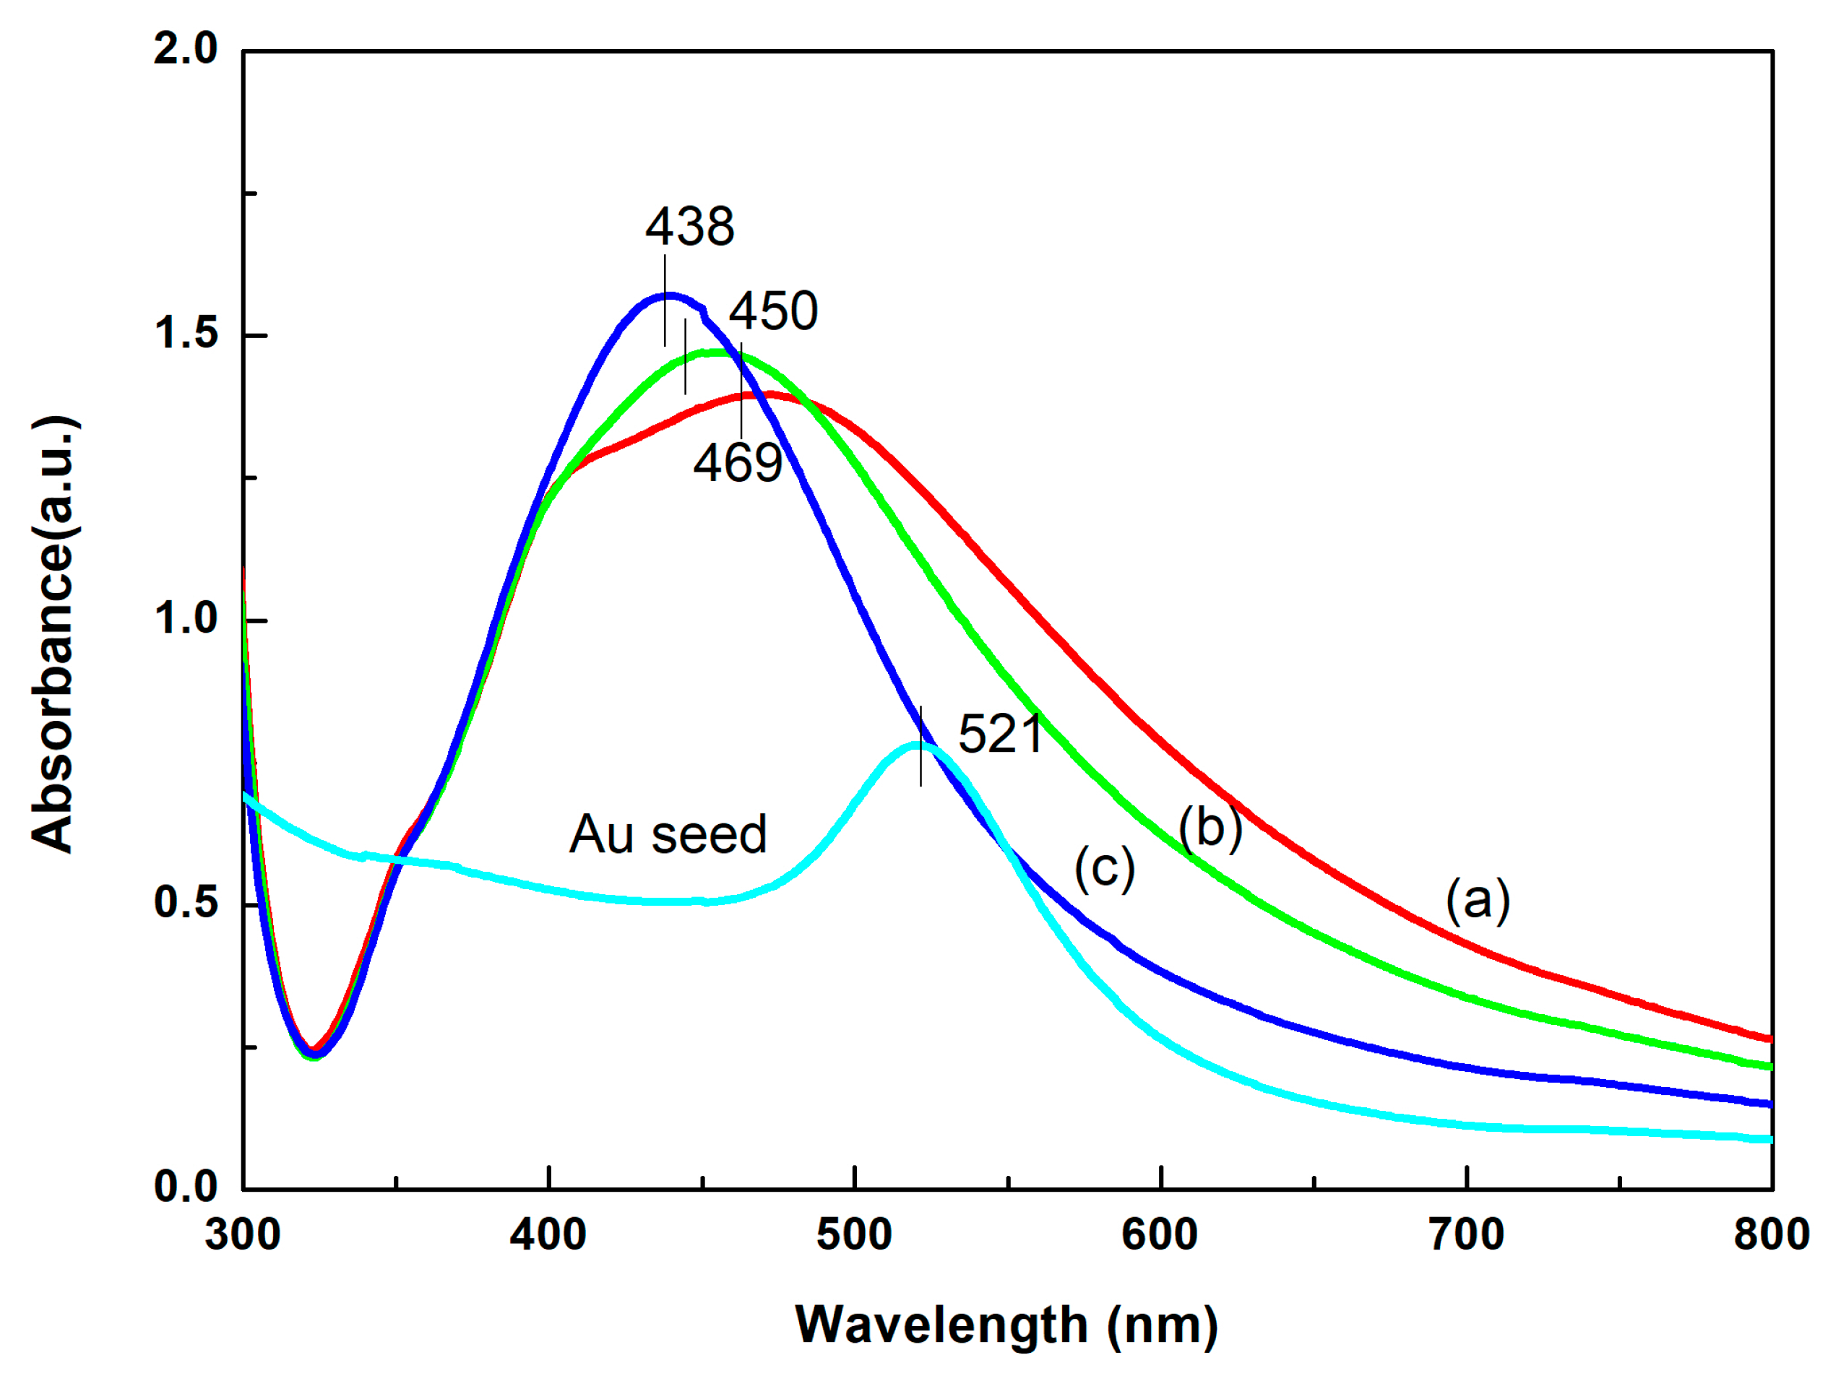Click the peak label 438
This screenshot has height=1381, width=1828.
point(689,227)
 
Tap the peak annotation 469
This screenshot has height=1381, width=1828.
point(737,464)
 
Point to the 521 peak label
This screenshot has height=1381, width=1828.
point(1001,735)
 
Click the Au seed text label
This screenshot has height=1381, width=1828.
point(668,835)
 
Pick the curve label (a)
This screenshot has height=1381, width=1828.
point(1478,899)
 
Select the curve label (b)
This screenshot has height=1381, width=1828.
point(1210,828)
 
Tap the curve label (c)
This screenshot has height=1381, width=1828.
point(1105,869)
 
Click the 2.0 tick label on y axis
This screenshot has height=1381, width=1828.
point(186,50)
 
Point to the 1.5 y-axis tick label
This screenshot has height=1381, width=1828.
point(186,334)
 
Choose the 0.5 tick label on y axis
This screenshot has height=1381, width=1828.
point(186,903)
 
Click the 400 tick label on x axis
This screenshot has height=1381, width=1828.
point(548,1236)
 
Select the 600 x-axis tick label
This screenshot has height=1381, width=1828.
point(1160,1236)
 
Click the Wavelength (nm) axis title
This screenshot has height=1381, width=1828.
point(1006,1327)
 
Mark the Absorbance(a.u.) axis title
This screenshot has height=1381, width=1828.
point(53,635)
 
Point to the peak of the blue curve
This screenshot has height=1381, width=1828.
point(668,295)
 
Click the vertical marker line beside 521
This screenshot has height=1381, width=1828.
point(921,748)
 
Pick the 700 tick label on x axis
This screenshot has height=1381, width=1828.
point(1466,1236)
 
